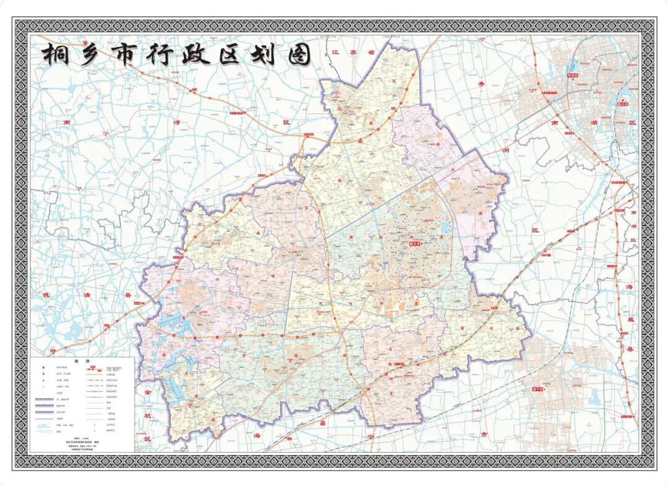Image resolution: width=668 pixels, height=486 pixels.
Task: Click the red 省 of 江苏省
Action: point(372,53)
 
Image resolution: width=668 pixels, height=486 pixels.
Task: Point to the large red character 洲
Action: point(506,150)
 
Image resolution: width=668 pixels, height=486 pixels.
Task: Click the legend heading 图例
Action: point(82,360)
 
